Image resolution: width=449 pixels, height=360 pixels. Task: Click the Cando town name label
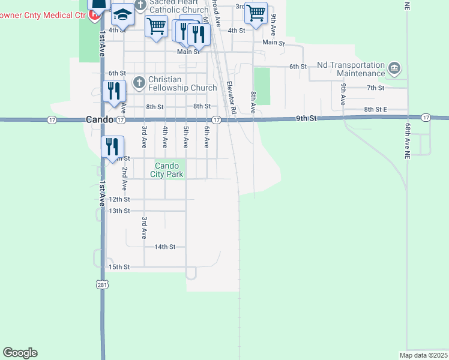click(x=99, y=119)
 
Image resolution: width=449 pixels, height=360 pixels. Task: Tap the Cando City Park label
click(x=167, y=170)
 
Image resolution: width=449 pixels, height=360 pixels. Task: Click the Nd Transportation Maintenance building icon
click(x=394, y=67)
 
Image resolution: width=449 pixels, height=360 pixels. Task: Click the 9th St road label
click(x=306, y=119)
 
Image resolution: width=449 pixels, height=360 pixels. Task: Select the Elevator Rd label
click(x=232, y=97)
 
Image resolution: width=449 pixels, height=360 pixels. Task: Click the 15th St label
click(x=119, y=266)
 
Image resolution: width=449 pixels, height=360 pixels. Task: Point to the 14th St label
click(x=164, y=247)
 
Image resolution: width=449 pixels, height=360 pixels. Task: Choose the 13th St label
click(x=119, y=211)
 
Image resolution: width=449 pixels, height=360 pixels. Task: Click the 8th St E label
click(x=376, y=109)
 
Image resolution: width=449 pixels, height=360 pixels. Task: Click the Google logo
click(x=20, y=353)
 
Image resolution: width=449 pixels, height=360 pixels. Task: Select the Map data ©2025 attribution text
click(x=423, y=355)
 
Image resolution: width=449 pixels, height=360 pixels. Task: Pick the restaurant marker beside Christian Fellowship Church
click(x=113, y=91)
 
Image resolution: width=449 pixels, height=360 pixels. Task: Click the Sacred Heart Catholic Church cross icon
click(x=140, y=5)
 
